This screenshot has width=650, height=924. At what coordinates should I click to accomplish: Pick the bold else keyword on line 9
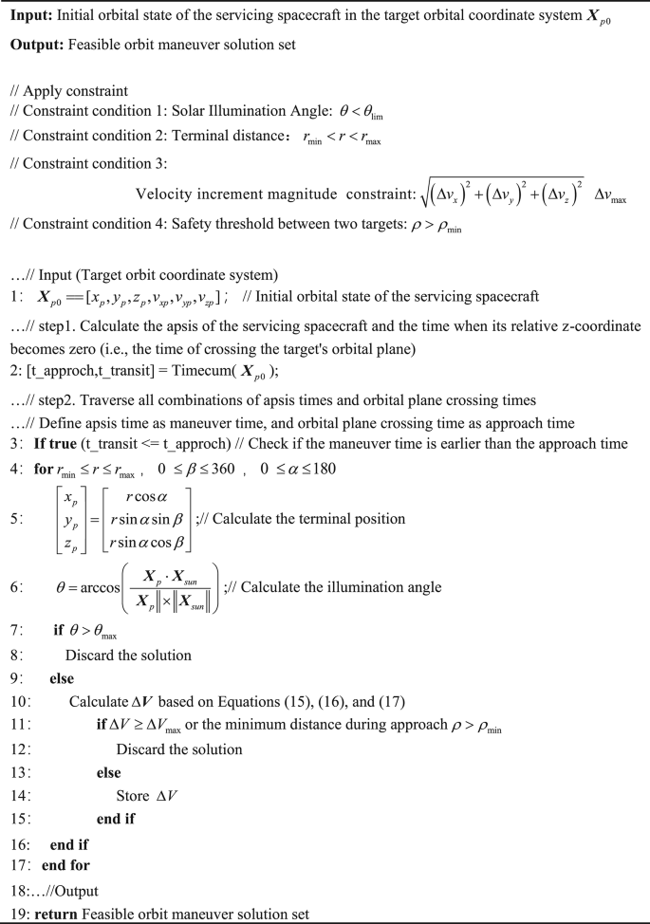62,679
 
